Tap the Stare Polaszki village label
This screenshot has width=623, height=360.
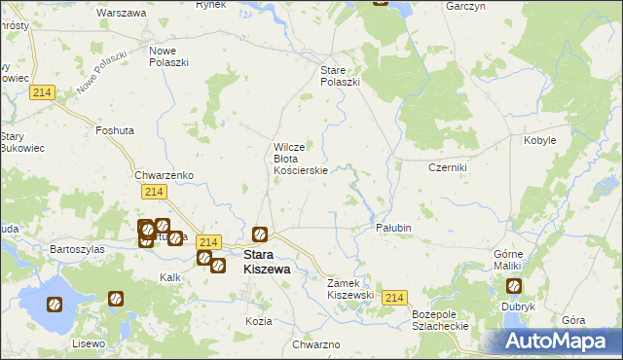pyautogui.click(x=341, y=76)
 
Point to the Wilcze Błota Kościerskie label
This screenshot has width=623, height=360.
pyautogui.click(x=306, y=158)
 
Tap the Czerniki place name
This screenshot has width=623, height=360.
pyautogui.click(x=448, y=167)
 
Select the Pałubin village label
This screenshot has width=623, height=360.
pyautogui.click(x=394, y=228)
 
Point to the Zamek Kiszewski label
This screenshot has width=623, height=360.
pyautogui.click(x=350, y=288)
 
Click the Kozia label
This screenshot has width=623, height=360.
pyautogui.click(x=258, y=320)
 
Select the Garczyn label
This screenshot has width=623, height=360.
pyautogui.click(x=466, y=6)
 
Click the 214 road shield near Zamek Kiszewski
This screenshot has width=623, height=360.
pyautogui.click(x=393, y=298)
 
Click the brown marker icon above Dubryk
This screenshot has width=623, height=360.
pyautogui.click(x=513, y=286)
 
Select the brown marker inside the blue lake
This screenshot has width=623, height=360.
pyautogui.click(x=54, y=304)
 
